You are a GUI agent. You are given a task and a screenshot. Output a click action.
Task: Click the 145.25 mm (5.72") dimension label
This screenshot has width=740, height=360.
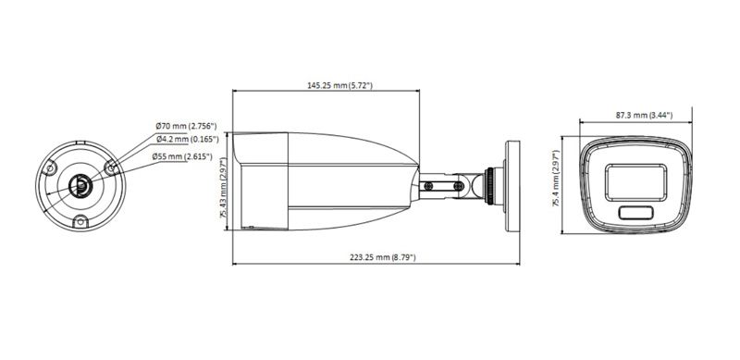(339, 85)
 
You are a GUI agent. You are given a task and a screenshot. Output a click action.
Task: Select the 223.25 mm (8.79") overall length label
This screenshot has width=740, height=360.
(383, 257)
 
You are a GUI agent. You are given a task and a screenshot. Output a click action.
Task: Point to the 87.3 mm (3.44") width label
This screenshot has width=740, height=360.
(644, 116)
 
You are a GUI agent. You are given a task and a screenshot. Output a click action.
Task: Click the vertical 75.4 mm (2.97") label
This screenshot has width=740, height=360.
(557, 179)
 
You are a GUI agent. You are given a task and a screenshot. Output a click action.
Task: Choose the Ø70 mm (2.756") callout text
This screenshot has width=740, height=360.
(186, 126)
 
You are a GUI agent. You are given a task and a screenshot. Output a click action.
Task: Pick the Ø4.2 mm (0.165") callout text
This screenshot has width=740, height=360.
(188, 139)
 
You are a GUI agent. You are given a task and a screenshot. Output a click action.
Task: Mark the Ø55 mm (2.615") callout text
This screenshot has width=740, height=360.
(181, 156)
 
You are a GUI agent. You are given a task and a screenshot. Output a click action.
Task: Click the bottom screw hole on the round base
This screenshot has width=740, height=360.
(80, 220)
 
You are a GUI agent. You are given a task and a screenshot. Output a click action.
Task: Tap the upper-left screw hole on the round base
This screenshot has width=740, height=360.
(50, 168)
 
